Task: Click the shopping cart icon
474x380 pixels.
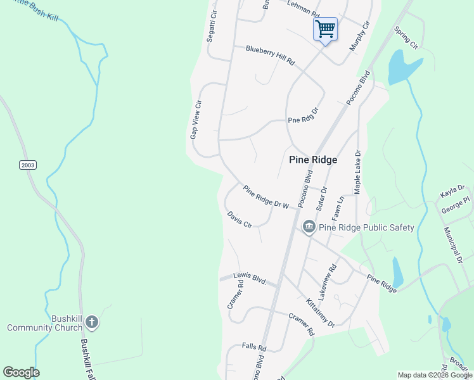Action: tap(325, 28)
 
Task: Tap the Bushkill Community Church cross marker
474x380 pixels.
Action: tap(91, 322)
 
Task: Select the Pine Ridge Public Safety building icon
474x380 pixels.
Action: tap(309, 226)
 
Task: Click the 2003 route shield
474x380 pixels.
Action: tap(27, 165)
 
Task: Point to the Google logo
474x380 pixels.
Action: tap(21, 372)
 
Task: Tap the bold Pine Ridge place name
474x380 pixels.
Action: tap(313, 160)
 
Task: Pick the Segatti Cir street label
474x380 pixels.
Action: tap(212, 26)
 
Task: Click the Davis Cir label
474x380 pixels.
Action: tap(240, 220)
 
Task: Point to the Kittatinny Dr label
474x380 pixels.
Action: tap(320, 313)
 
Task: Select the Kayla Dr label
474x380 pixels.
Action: tap(452, 192)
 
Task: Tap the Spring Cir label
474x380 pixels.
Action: tap(406, 38)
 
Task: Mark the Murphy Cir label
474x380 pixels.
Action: tap(359, 37)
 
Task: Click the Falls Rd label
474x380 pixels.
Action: tap(253, 347)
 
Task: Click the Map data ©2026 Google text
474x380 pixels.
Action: tap(434, 375)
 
